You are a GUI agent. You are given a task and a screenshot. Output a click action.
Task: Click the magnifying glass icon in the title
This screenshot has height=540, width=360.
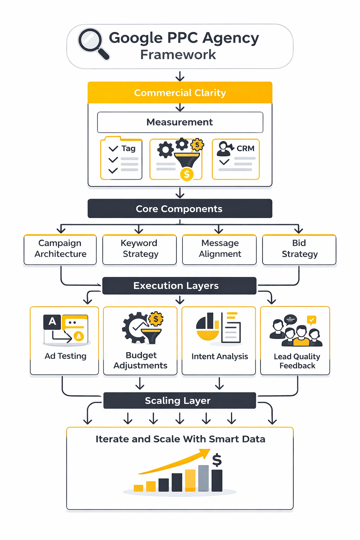(92, 43)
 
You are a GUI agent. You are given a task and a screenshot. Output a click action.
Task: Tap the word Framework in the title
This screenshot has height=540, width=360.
(178, 55)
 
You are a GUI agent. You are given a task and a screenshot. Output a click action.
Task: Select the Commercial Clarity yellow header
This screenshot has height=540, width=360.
(180, 93)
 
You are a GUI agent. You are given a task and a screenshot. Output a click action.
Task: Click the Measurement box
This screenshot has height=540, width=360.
(180, 122)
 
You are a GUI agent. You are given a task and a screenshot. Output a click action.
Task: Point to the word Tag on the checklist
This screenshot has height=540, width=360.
(128, 148)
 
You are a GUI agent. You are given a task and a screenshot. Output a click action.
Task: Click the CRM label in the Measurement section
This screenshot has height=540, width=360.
(245, 148)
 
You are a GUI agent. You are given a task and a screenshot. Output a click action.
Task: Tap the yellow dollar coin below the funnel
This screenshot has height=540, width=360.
(187, 174)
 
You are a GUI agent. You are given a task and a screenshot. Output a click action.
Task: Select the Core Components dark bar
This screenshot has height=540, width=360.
(180, 209)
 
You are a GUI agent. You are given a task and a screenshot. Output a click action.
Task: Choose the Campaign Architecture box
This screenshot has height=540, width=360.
(60, 249)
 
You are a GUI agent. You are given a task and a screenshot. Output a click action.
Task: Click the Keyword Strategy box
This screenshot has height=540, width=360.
(140, 249)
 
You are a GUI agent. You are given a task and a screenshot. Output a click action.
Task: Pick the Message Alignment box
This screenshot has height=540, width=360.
(220, 249)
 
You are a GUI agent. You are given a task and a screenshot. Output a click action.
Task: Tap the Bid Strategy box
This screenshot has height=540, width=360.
(299, 249)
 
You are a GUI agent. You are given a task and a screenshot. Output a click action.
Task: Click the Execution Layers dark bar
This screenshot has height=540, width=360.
(179, 286)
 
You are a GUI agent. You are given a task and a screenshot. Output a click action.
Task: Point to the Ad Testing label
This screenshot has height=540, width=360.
(65, 356)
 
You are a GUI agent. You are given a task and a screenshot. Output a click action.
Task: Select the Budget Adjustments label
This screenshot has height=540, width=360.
(140, 361)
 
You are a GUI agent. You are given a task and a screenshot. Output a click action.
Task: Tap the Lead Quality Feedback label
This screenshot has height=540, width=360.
(297, 361)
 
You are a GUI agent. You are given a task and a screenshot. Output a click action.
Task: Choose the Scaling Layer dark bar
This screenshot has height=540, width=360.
(179, 401)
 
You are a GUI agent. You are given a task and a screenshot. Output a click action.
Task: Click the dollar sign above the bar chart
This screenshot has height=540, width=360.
(217, 460)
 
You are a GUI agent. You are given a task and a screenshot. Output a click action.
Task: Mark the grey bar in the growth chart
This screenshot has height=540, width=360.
(203, 478)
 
